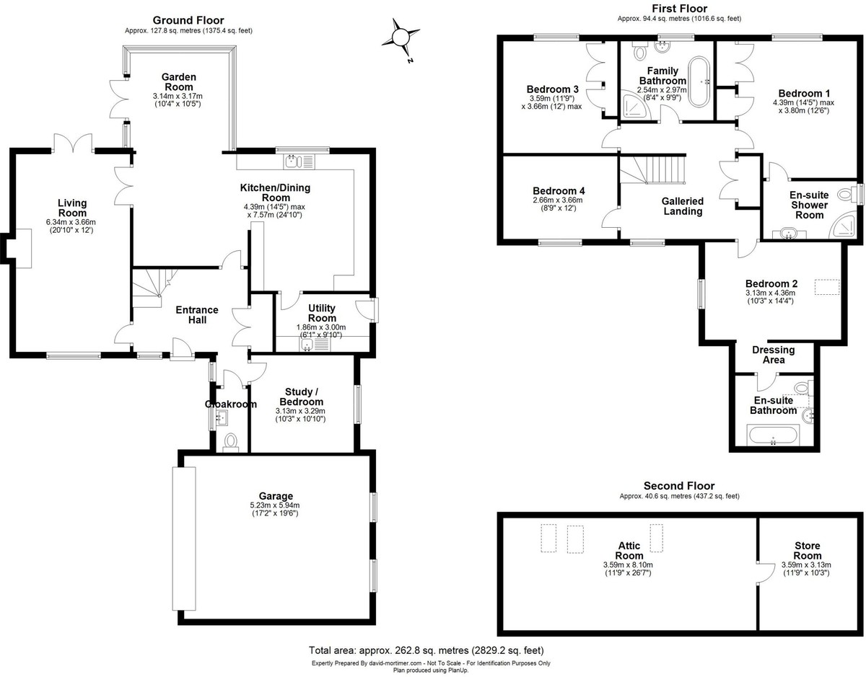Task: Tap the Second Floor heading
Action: click(679, 487)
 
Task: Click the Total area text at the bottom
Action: click(426, 650)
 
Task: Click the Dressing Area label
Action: click(774, 355)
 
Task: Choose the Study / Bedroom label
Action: click(300, 397)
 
